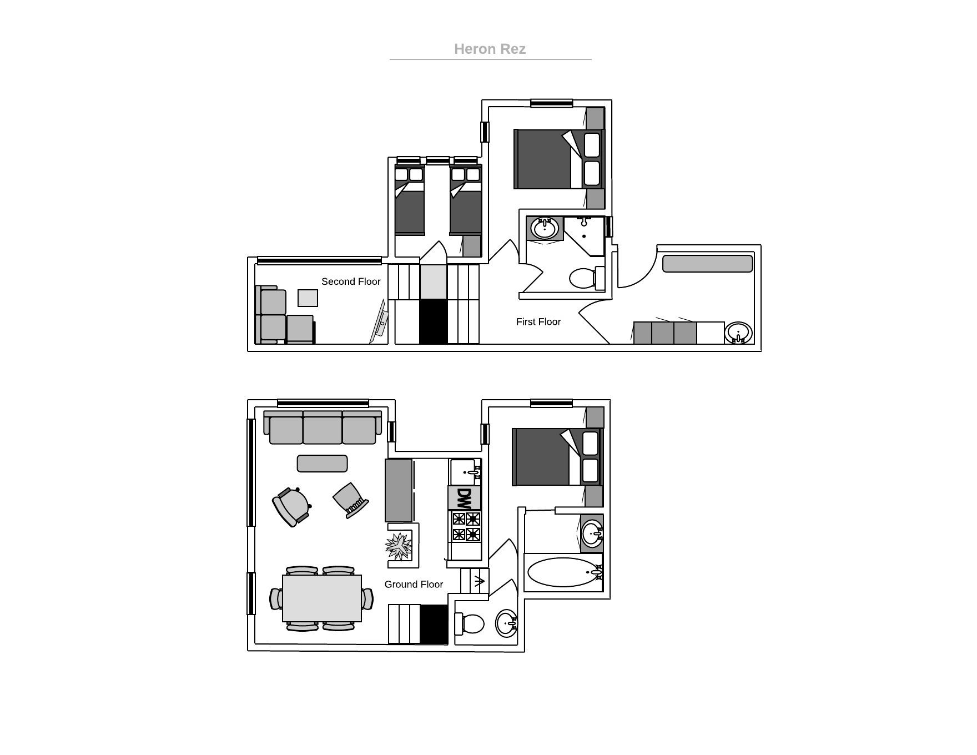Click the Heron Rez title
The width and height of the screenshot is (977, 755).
pyautogui.click(x=490, y=49)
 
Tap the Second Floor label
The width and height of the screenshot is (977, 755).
pyautogui.click(x=351, y=281)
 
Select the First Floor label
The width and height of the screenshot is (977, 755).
pyautogui.click(x=538, y=321)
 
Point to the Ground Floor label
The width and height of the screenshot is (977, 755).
pyautogui.click(x=414, y=584)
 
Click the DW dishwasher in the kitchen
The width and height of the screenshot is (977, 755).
pyautogui.click(x=465, y=498)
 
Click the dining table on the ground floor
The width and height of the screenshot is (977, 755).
pyautogui.click(x=322, y=598)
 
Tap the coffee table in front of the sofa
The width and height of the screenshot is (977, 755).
pyautogui.click(x=322, y=464)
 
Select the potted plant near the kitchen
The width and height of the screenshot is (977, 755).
pyautogui.click(x=399, y=546)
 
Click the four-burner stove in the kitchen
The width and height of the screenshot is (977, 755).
pyautogui.click(x=466, y=526)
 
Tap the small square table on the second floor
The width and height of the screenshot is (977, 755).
pyautogui.click(x=308, y=298)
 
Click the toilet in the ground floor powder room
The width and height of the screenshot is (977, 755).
pyautogui.click(x=469, y=623)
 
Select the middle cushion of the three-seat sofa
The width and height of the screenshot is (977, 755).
pyautogui.click(x=323, y=428)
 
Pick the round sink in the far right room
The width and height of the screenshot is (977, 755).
pyautogui.click(x=738, y=333)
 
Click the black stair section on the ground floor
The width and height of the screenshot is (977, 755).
pyautogui.click(x=434, y=625)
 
